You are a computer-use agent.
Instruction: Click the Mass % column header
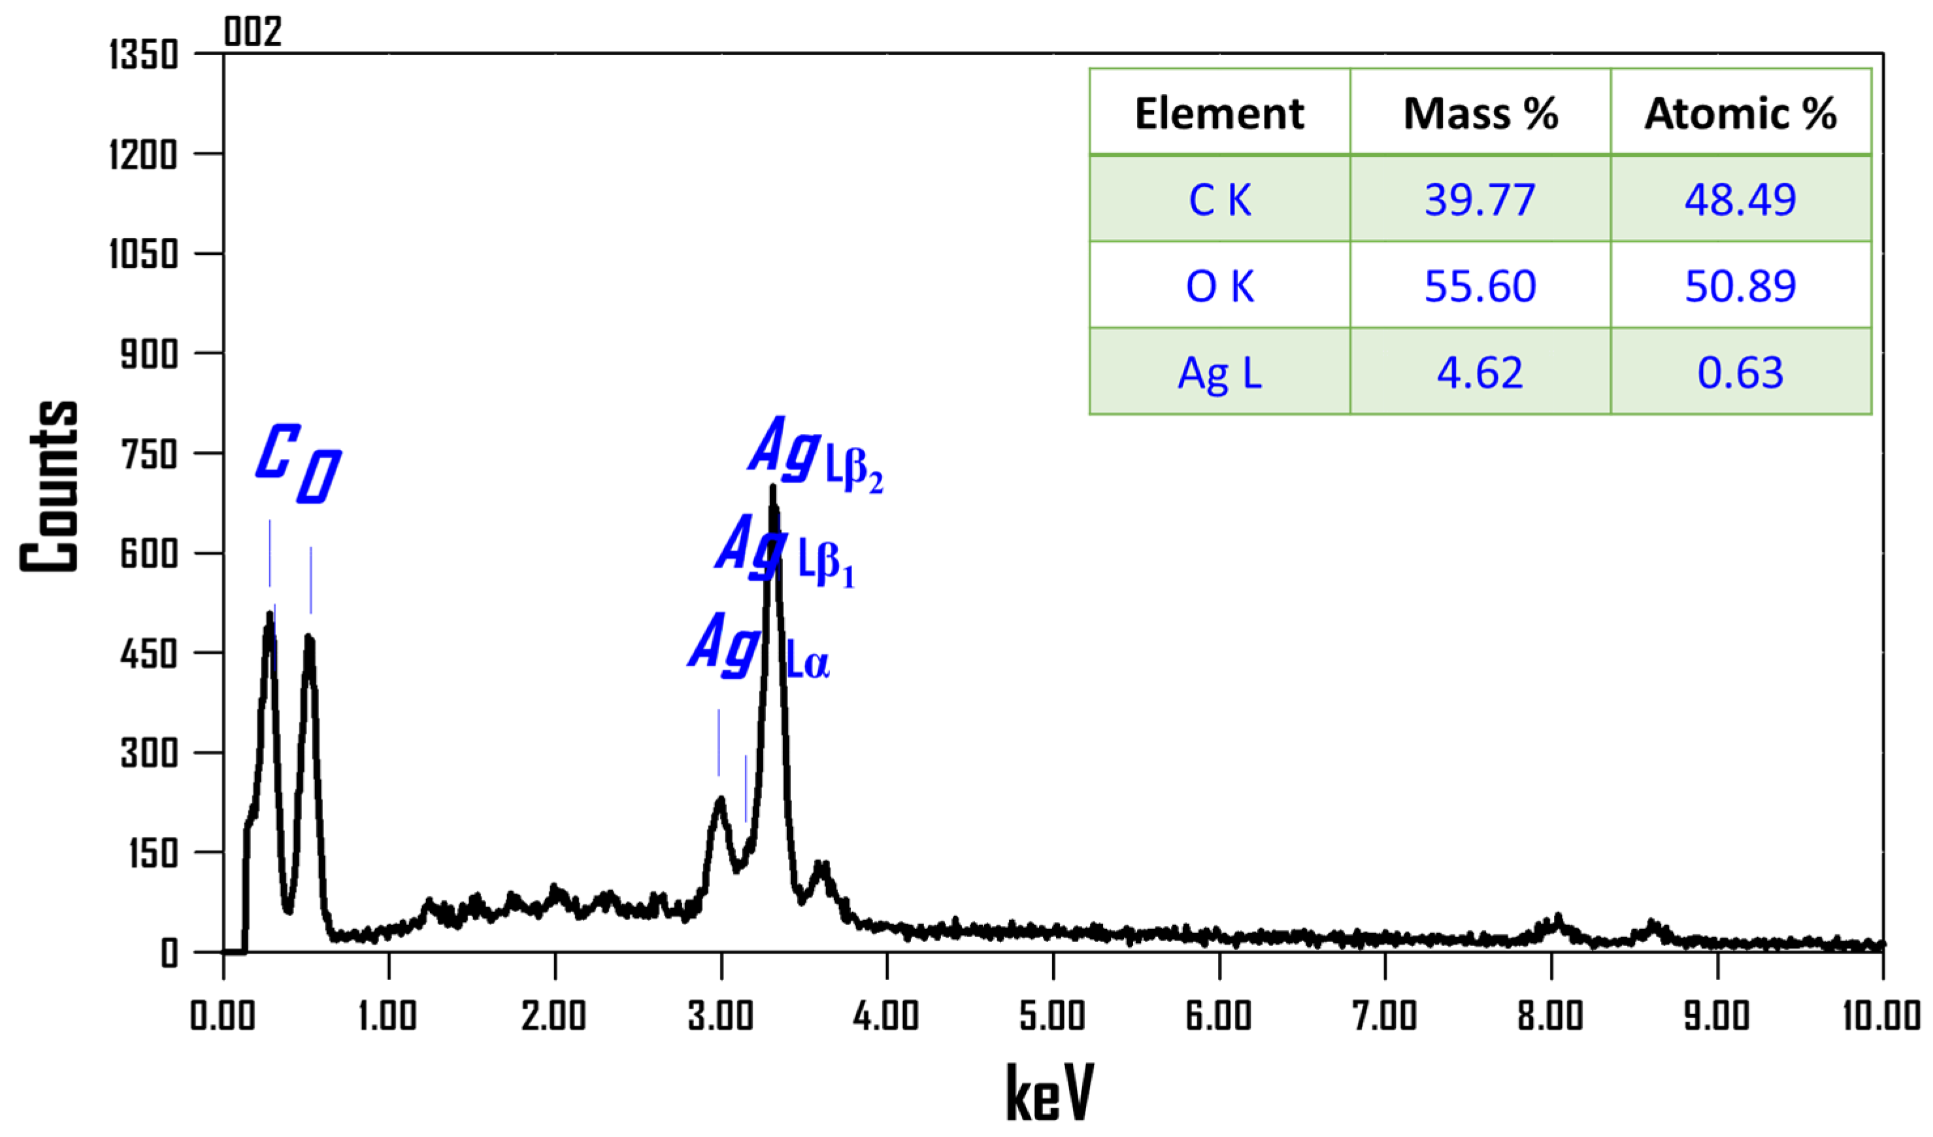[x=1479, y=114]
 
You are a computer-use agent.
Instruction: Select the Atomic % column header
[x=1740, y=114]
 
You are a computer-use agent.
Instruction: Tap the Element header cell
[x=1219, y=114]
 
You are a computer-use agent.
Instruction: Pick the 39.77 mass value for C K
[x=1479, y=199]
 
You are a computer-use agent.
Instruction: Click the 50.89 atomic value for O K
[x=1740, y=286]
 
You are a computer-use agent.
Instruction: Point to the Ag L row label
[x=1219, y=373]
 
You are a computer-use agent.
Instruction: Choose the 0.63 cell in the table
[x=1740, y=373]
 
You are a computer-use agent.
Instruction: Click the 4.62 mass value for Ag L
[x=1479, y=373]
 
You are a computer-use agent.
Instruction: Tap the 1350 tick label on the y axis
[x=144, y=55]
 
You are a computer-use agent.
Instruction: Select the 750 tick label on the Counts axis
[x=149, y=454]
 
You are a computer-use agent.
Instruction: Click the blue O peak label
[x=318, y=477]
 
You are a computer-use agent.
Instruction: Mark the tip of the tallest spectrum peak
[x=772, y=486]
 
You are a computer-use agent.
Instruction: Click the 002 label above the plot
[x=252, y=31]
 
